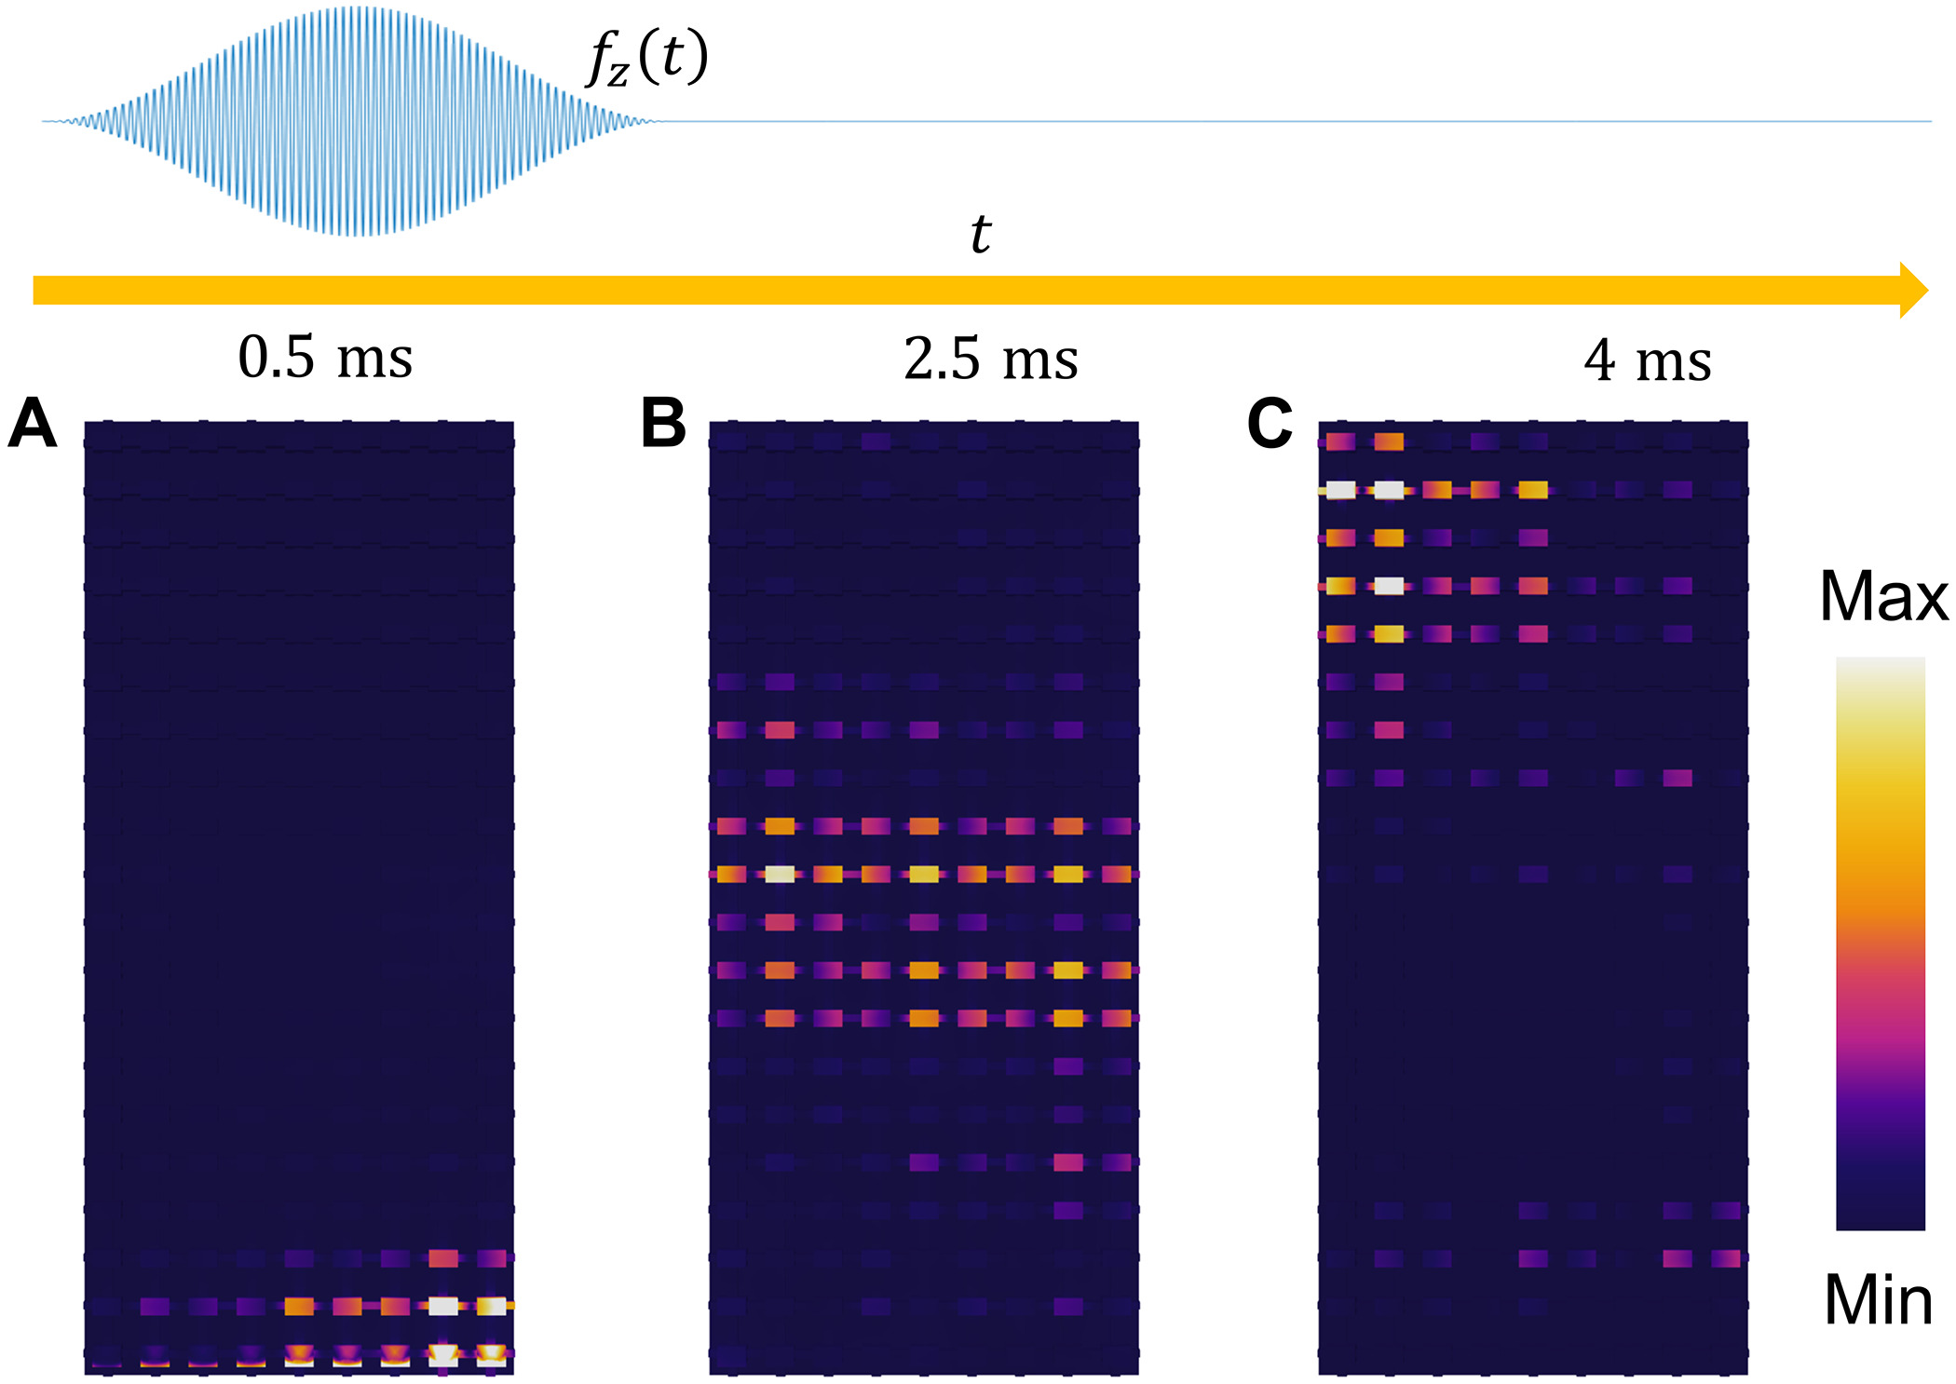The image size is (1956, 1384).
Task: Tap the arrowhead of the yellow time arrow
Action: click(x=1912, y=291)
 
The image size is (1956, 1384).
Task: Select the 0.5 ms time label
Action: click(x=325, y=358)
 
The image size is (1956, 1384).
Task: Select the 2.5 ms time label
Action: click(x=990, y=360)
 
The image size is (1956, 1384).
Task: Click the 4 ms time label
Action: click(x=1647, y=361)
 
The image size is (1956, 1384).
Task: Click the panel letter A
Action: click(x=33, y=424)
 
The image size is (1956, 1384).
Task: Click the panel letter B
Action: click(x=663, y=424)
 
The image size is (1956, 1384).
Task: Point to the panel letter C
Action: click(x=1270, y=424)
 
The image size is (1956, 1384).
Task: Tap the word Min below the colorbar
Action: click(x=1878, y=1301)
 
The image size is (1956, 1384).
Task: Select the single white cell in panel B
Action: click(x=780, y=874)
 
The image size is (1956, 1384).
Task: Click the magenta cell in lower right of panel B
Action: click(x=1068, y=1161)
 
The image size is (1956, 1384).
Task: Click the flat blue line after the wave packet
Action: click(x=1304, y=121)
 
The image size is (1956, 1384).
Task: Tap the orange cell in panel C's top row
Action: click(x=1388, y=441)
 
